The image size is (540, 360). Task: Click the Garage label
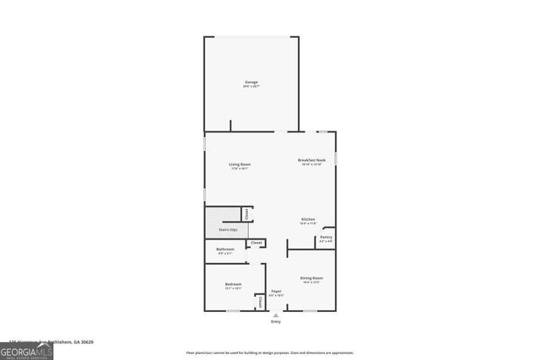point(251,82)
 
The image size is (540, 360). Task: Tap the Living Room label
point(240,164)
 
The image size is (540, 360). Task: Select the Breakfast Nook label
point(311,159)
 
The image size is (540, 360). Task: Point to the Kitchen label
point(309,219)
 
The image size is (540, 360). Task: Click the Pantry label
point(326,237)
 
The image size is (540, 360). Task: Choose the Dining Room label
point(311,278)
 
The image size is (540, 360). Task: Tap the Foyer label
point(276,291)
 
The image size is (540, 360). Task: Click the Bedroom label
point(233,284)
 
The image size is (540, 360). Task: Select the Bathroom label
point(225,249)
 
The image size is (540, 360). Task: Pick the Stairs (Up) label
point(228,229)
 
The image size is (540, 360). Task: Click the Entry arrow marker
point(275,314)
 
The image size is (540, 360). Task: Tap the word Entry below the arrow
point(275,322)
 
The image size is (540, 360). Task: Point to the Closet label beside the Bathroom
point(256,243)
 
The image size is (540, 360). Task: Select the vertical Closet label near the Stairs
point(246,214)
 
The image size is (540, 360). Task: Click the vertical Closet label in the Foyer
point(260,300)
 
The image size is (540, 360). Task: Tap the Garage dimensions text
point(251,86)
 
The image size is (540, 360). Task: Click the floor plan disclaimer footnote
point(270,352)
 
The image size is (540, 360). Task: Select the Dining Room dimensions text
point(311,282)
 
